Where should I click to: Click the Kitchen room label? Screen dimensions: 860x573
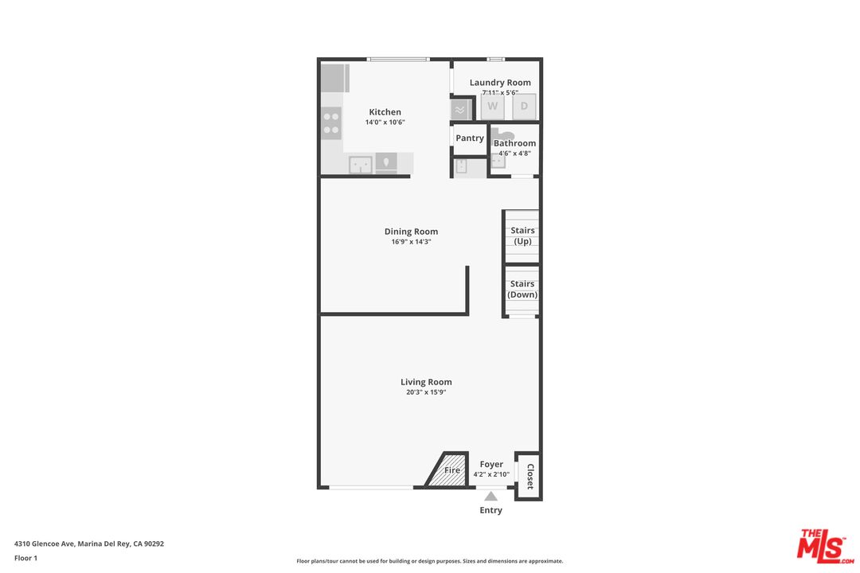coord(385,112)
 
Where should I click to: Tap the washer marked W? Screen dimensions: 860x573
coord(493,107)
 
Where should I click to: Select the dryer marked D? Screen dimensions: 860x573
coord(524,107)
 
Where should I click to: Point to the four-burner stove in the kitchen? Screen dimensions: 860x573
coord(331,123)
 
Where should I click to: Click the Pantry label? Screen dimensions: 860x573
coord(470,138)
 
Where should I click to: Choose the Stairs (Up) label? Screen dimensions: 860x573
coord(522,236)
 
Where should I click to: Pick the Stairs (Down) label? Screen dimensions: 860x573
coord(522,289)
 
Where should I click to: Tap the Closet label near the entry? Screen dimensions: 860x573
coord(530,477)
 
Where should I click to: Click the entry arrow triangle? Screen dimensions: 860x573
coord(491,497)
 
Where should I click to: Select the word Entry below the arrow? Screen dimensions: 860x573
coord(491,510)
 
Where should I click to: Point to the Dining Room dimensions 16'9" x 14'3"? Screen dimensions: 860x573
coord(412,242)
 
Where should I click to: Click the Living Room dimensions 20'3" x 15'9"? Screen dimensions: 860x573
coord(426,392)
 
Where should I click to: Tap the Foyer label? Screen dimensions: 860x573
coord(491,464)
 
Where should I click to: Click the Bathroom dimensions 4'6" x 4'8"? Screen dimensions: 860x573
coord(514,154)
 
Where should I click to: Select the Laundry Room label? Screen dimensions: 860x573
coord(500,82)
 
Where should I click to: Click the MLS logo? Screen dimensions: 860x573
coord(825,546)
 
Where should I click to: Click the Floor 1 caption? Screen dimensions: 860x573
coord(25,558)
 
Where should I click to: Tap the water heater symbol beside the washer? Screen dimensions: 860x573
coord(460,110)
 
